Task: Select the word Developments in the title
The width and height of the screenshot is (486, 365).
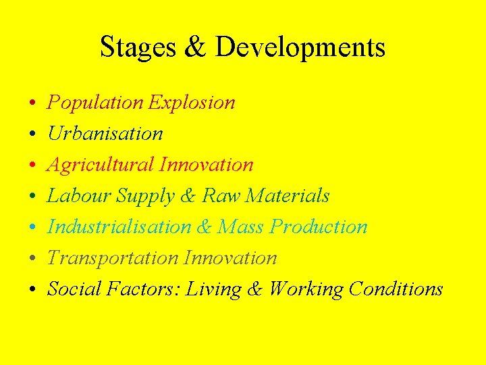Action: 300,47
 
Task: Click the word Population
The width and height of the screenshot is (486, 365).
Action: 95,103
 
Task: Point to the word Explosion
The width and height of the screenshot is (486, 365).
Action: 192,103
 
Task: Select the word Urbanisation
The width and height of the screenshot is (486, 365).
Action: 105,134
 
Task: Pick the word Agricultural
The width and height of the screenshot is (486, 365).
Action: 101,165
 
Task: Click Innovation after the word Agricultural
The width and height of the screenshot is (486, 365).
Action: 207,165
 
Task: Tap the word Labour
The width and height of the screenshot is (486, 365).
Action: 79,196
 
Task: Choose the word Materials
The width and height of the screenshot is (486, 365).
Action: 288,196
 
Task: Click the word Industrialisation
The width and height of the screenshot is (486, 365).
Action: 119,227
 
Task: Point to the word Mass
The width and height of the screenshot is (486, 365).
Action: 241,227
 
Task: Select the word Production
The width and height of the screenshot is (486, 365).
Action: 319,227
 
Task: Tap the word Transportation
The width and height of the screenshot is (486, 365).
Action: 113,258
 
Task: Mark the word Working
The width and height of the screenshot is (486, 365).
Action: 306,289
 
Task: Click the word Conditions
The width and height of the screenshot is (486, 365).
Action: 396,289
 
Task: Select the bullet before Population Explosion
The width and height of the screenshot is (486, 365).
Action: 32,104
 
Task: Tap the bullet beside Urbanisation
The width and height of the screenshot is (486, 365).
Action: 32,135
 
